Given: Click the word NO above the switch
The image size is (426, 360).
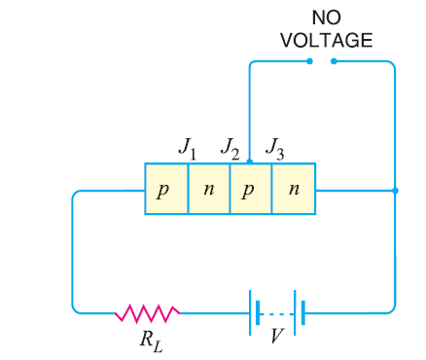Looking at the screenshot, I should tap(326, 18).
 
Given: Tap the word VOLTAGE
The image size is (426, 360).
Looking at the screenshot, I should tap(326, 40).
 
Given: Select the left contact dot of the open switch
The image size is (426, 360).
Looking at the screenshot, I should tap(310, 61).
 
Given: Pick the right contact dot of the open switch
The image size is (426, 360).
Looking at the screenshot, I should tap(334, 61).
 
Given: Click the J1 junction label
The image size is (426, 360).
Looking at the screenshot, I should tap(187, 147).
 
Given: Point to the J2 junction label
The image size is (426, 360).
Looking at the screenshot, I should tap(230, 147).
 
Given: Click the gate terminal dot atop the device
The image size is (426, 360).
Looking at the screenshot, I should tap(249, 162).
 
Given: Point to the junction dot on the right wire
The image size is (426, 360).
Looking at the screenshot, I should tap(394, 190).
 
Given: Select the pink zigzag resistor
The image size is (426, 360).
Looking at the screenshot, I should tap(147, 312).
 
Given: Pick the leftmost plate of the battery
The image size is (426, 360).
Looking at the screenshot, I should tap(252, 312).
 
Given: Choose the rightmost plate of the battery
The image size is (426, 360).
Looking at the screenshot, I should tap(303, 312).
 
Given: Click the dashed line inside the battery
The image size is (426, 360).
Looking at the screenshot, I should tap(279, 312).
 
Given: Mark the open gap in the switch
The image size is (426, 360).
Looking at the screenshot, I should tap(322, 61).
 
